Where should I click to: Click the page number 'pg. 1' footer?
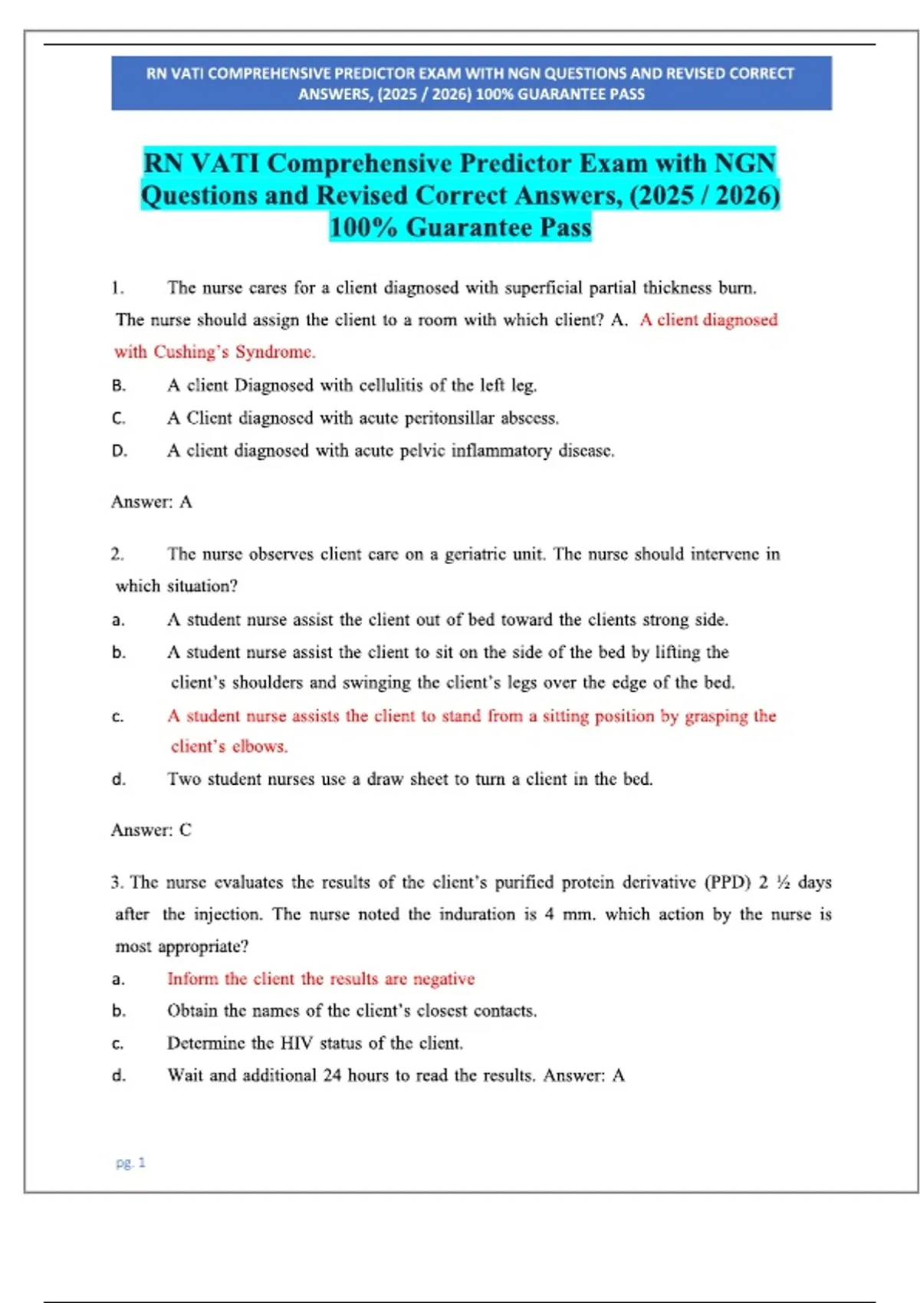pyautogui.click(x=130, y=1163)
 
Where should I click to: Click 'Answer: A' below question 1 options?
pyautogui.click(x=151, y=502)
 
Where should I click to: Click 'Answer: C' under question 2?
pyautogui.click(x=151, y=830)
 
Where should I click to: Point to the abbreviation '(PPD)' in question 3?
pyautogui.click(x=728, y=882)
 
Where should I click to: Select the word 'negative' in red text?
pyautogui.click(x=444, y=979)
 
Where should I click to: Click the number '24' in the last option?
pyautogui.click(x=332, y=1075)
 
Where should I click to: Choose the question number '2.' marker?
pyautogui.click(x=117, y=554)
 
